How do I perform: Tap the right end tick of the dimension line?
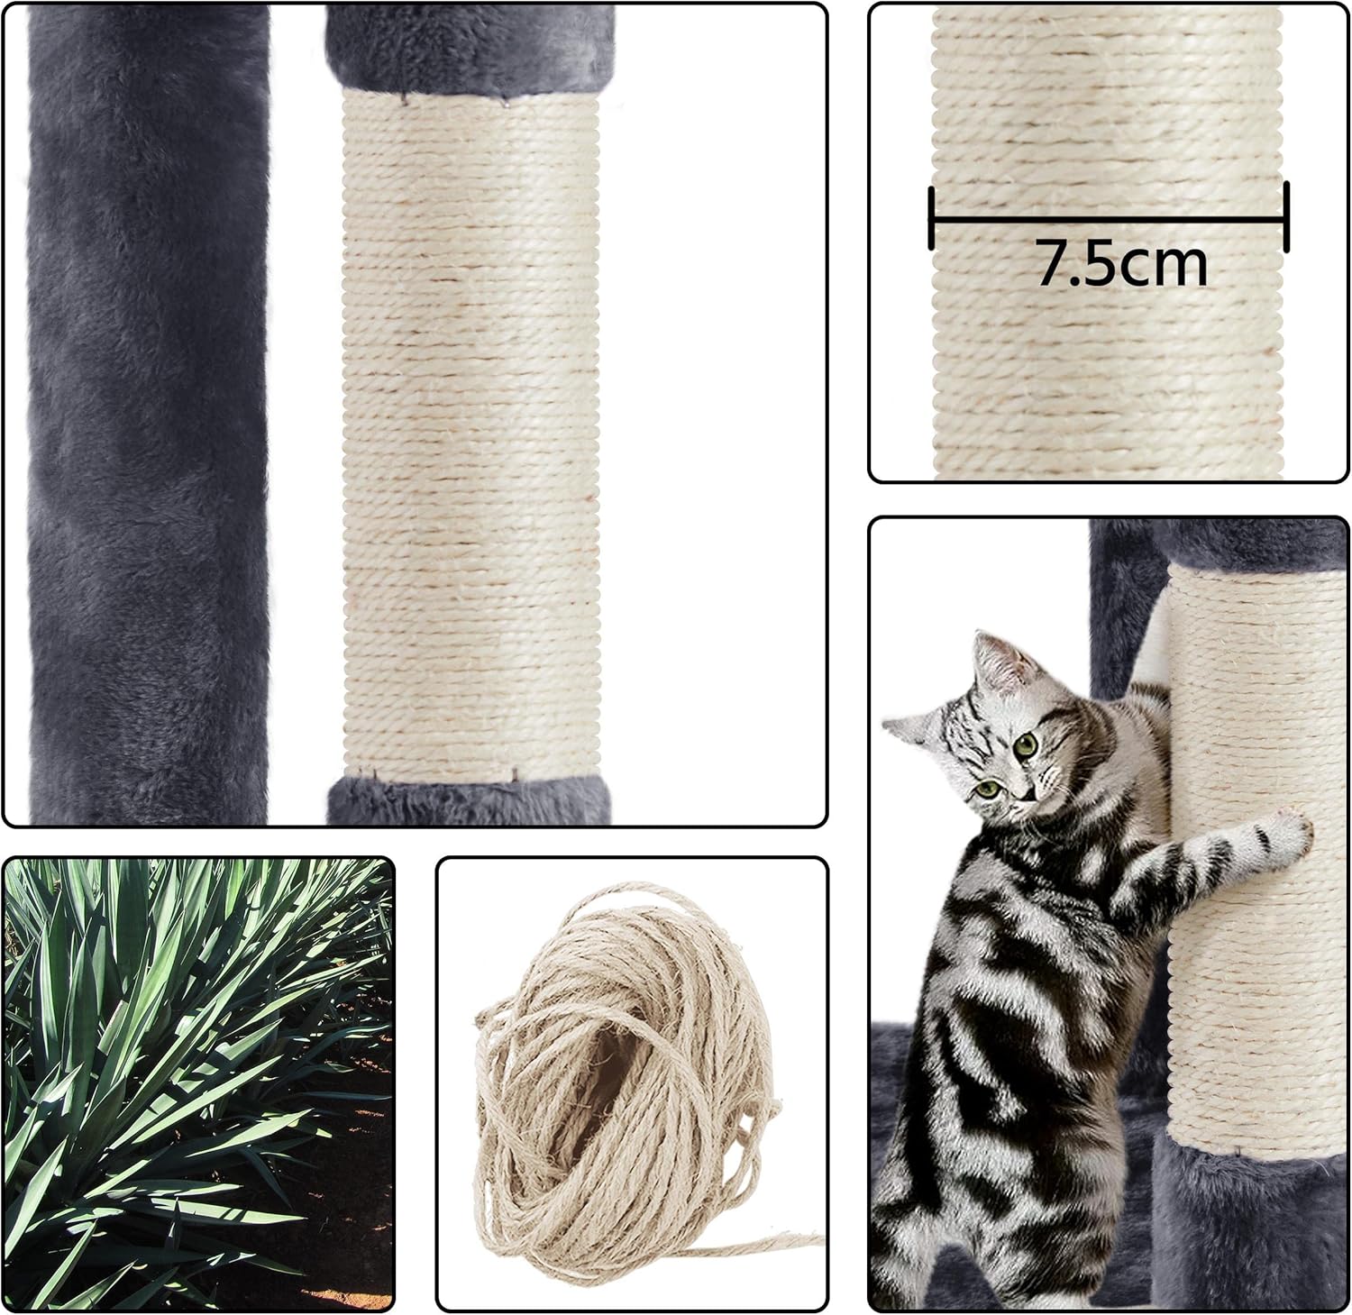coord(1286,217)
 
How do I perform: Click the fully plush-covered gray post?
coord(149,415)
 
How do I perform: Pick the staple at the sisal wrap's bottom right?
coord(515,774)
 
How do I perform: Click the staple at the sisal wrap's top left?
coord(402,95)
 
